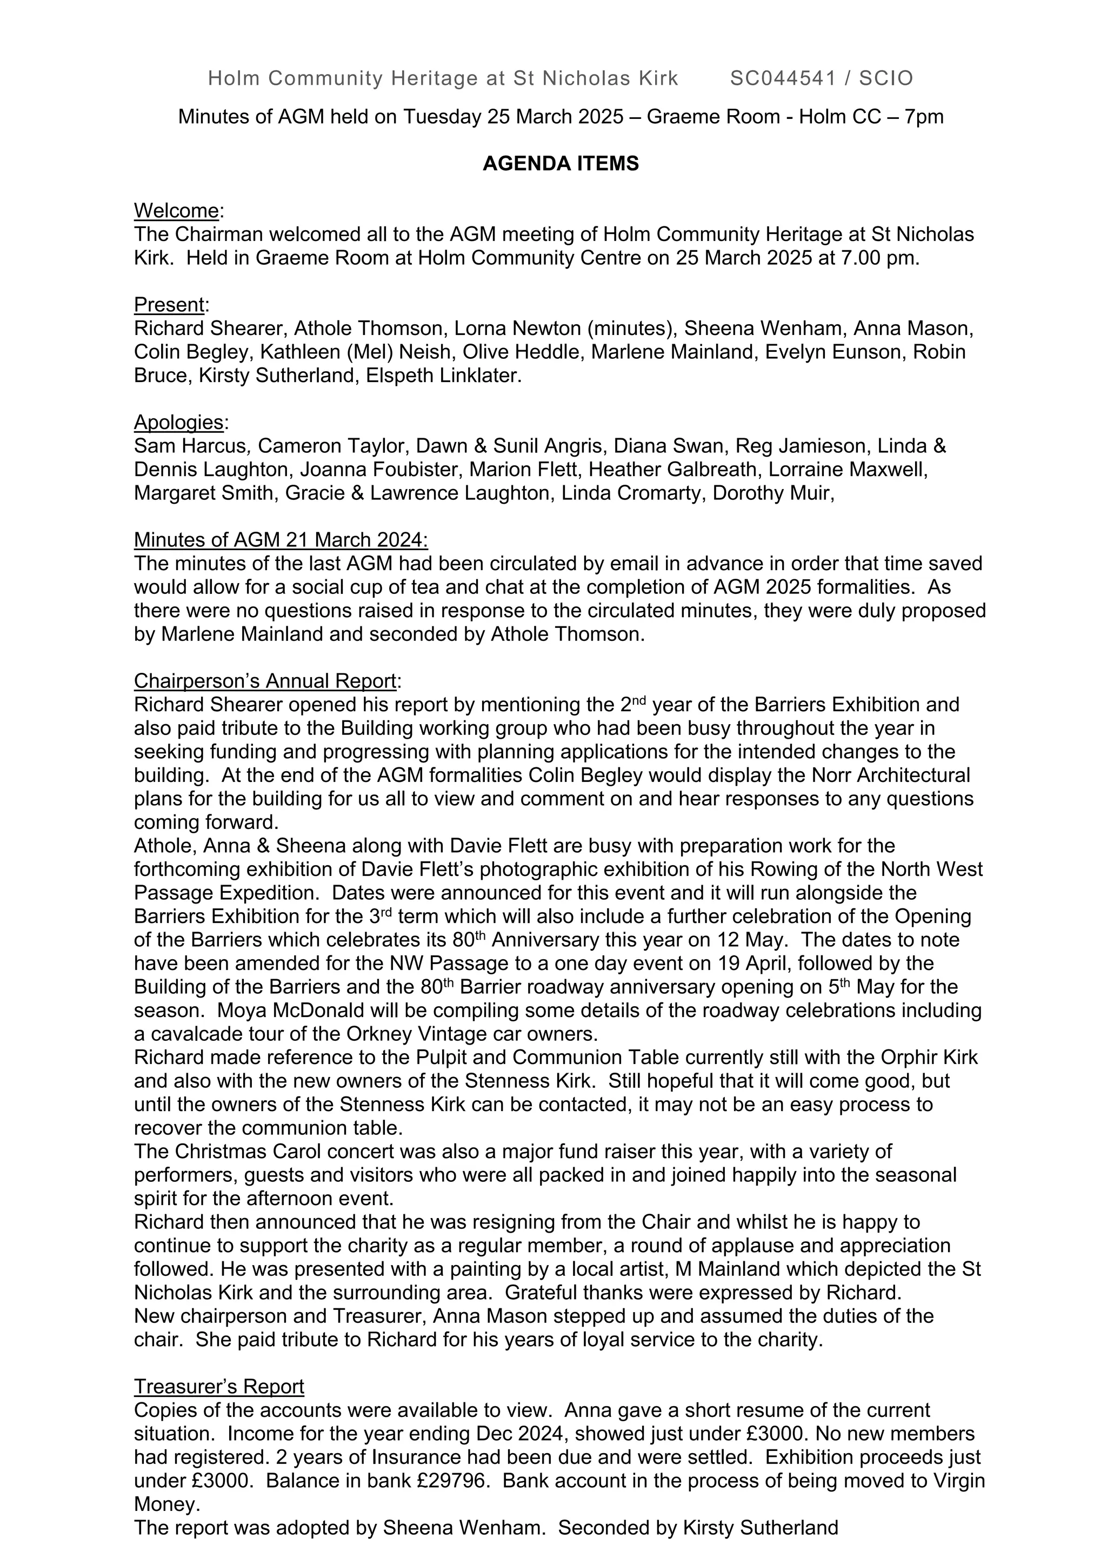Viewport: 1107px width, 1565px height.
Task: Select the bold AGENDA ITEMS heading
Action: [x=561, y=164]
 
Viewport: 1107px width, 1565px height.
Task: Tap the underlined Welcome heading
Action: [x=176, y=211]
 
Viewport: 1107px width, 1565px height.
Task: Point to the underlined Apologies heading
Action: [x=178, y=423]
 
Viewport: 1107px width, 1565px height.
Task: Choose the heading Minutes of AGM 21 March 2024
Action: [x=280, y=540]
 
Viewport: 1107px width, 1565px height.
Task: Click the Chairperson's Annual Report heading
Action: [x=264, y=681]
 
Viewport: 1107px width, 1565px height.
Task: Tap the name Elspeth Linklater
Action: [x=443, y=376]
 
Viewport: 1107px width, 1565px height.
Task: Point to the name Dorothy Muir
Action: [x=772, y=493]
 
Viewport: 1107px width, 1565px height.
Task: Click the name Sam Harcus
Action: [x=190, y=446]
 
